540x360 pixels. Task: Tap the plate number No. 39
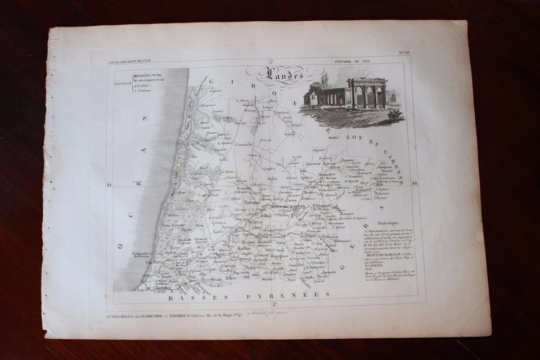404,53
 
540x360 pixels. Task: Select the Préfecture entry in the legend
148,75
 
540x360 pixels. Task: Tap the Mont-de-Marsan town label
285,206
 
